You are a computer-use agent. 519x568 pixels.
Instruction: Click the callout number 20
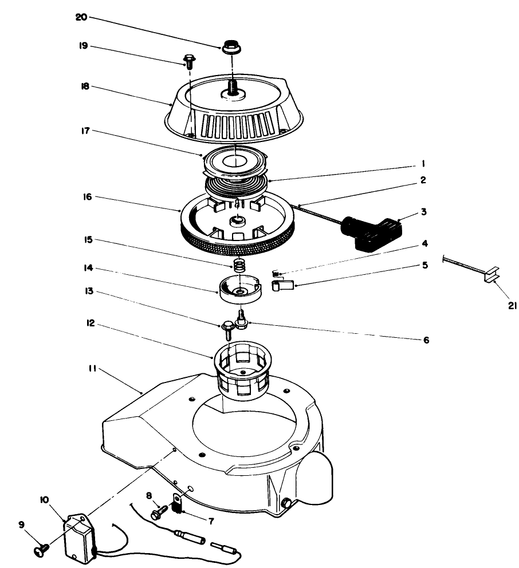tap(81, 17)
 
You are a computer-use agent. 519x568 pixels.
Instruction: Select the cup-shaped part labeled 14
tap(238, 290)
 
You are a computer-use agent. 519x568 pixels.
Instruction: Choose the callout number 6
tap(424, 340)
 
